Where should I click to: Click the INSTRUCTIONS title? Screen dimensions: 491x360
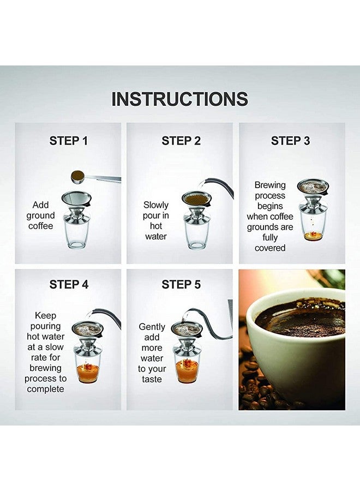(x=179, y=99)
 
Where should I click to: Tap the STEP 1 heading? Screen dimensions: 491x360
(x=68, y=141)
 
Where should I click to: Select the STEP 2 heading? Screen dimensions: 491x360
(x=181, y=141)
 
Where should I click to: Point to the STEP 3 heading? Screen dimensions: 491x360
(x=290, y=141)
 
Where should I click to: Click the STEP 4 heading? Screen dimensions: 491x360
(x=68, y=284)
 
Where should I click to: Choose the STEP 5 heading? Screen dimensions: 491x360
(x=181, y=284)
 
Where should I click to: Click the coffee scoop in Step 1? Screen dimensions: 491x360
(x=80, y=175)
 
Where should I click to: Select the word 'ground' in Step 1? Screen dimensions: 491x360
(x=41, y=215)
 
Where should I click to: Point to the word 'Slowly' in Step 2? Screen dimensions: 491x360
(x=156, y=205)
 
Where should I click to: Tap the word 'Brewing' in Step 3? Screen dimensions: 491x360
(x=270, y=185)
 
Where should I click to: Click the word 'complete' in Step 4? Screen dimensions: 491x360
(x=46, y=389)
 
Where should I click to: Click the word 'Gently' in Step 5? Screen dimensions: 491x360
(x=152, y=327)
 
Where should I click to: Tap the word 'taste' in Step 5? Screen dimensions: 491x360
(x=152, y=379)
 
